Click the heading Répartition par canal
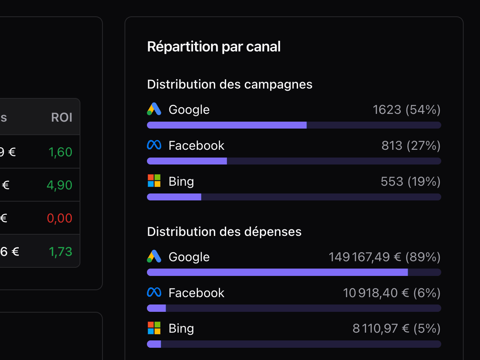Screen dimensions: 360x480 213,47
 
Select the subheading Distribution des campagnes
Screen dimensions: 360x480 229,84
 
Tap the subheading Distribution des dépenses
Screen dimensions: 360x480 224,232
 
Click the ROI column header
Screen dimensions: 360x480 62,118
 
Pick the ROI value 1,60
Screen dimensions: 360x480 60,152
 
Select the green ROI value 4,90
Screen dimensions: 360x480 60,185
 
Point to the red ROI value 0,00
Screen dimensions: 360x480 60,218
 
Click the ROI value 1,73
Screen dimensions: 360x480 60,251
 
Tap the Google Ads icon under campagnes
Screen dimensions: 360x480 154,109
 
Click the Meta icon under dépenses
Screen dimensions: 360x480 154,292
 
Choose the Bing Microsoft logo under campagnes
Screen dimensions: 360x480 154,181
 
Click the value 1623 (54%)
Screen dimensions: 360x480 407,109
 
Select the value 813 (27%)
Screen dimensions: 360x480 411,145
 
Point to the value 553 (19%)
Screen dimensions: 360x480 411,181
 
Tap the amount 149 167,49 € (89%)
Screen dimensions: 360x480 384,257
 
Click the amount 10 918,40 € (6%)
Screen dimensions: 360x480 392,293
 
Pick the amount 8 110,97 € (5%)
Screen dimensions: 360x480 396,329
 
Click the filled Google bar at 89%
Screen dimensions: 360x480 277,272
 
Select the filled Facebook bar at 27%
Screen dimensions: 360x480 187,161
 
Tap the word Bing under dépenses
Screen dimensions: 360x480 181,329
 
